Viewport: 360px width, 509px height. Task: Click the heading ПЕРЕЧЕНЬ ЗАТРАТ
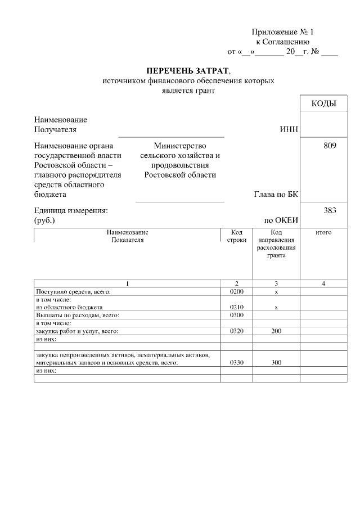pyautogui.click(x=188, y=71)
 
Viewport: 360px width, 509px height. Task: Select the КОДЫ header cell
pyautogui.click(x=323, y=103)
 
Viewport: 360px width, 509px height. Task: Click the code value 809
pyautogui.click(x=330, y=146)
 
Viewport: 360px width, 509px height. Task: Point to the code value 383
pyautogui.click(x=330, y=210)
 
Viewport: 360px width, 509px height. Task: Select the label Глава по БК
pyautogui.click(x=276, y=195)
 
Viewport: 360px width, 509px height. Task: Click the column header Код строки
pyautogui.click(x=236, y=236)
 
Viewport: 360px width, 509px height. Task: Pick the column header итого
pyautogui.click(x=323, y=232)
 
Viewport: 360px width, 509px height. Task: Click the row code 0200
pyautogui.click(x=236, y=292)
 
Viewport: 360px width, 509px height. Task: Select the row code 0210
pyautogui.click(x=236, y=308)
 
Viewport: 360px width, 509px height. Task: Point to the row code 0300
pyautogui.click(x=236, y=316)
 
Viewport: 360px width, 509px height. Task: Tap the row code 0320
pyautogui.click(x=236, y=331)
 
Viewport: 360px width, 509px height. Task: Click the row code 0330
pyautogui.click(x=236, y=363)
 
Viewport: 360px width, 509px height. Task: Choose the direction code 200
pyautogui.click(x=276, y=331)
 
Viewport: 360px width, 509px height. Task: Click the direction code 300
pyautogui.click(x=276, y=363)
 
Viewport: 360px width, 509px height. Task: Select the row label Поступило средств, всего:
pyautogui.click(x=74, y=292)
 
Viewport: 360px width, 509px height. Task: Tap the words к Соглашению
pyautogui.click(x=282, y=42)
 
